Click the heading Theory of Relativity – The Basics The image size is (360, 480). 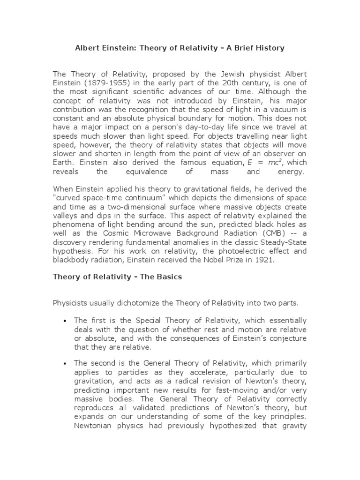[x=117, y=277]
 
